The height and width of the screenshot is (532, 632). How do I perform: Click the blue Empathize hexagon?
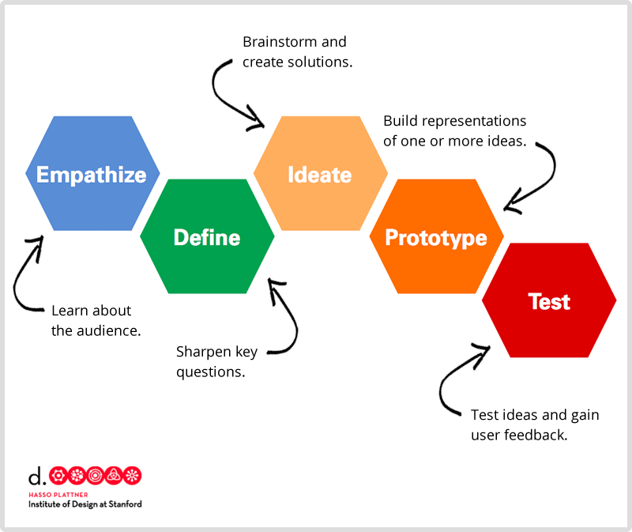point(92,174)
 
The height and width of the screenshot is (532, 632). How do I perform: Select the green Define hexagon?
point(207,236)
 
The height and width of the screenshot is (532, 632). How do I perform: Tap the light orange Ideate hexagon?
point(320,174)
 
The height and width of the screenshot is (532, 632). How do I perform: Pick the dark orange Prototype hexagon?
point(436,236)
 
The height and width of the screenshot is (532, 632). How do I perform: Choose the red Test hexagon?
point(549,300)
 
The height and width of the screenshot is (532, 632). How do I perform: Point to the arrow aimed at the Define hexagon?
point(288,316)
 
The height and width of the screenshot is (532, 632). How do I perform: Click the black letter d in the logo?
point(35,476)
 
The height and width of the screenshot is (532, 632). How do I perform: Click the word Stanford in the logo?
point(123,504)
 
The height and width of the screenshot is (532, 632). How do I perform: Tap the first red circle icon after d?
point(58,476)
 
